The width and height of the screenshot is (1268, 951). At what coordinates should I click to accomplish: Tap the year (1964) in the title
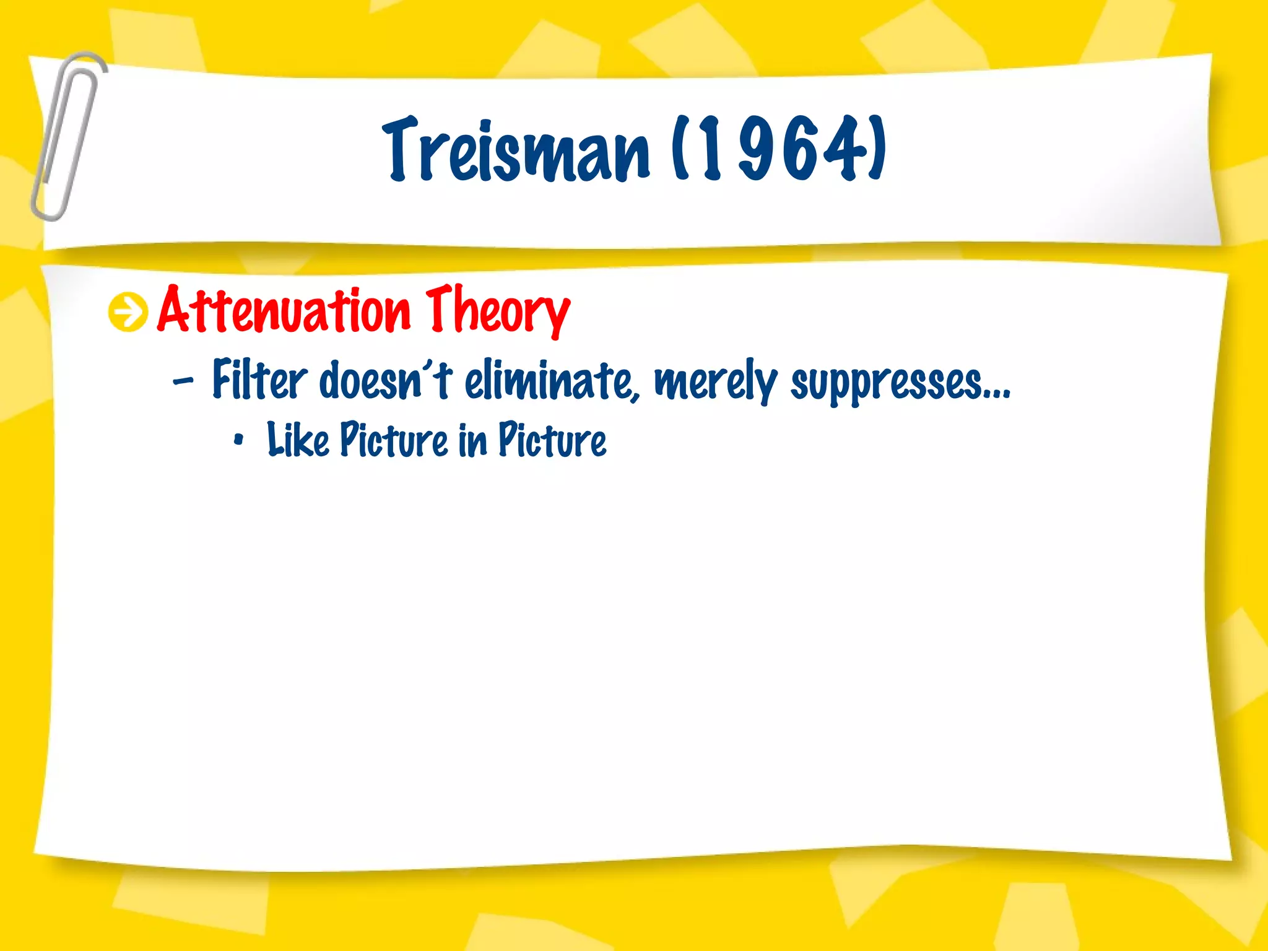(x=779, y=150)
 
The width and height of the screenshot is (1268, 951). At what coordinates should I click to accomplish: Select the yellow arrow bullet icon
(x=128, y=313)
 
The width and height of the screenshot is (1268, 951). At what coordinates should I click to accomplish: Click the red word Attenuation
(x=284, y=311)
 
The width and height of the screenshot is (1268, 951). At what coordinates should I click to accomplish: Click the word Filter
(x=259, y=380)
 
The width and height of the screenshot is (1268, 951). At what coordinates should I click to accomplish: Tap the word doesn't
(x=385, y=380)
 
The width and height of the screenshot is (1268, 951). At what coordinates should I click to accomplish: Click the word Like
(x=298, y=440)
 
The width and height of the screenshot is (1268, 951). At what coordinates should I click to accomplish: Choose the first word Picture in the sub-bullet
(x=394, y=440)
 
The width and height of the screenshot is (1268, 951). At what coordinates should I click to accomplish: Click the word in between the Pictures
(x=473, y=440)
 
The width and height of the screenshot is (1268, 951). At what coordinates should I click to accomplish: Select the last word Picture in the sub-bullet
(x=552, y=440)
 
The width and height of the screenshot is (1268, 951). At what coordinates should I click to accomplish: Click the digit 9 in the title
(x=759, y=150)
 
